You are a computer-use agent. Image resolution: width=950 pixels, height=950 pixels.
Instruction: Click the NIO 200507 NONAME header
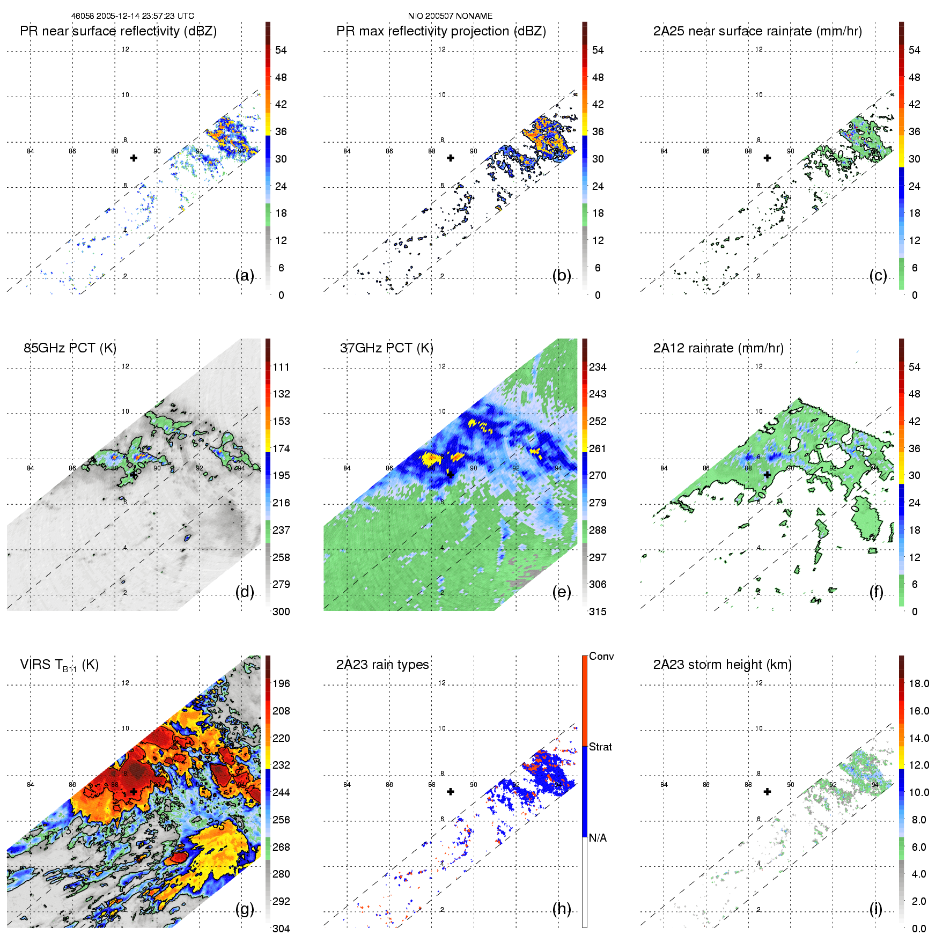[450, 16]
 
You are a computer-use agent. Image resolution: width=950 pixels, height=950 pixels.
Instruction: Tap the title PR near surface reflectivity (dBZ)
[118, 31]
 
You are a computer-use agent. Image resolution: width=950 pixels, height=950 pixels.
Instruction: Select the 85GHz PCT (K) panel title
[70, 348]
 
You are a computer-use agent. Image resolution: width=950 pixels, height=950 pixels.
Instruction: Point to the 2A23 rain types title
[382, 665]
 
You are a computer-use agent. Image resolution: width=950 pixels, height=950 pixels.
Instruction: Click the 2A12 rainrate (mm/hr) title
[718, 348]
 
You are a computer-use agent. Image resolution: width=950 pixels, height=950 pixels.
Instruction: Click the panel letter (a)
[245, 275]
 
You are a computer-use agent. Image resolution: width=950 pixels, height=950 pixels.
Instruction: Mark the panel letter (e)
[562, 592]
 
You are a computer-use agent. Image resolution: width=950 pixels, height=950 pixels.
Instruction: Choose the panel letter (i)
[875, 909]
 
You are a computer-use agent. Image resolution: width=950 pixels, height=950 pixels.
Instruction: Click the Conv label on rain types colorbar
[601, 656]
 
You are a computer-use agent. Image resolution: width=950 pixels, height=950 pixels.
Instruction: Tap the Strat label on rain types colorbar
[600, 747]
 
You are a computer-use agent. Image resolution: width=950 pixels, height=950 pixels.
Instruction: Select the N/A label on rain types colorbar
[598, 838]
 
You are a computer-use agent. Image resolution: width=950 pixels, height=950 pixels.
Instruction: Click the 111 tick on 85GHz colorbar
[281, 367]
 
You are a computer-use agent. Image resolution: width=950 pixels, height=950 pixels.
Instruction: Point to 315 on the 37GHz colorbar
[598, 612]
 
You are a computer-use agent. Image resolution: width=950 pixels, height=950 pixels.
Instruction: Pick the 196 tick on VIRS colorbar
[281, 683]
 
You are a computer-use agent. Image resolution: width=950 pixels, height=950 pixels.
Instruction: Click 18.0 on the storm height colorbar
[919, 683]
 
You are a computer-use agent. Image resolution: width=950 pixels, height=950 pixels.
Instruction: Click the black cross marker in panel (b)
[451, 158]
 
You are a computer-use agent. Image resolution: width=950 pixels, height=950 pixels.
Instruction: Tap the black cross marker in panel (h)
[451, 791]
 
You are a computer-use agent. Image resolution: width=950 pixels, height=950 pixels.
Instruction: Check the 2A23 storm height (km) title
[722, 665]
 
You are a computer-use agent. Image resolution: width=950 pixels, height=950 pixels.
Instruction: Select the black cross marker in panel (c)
[767, 158]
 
